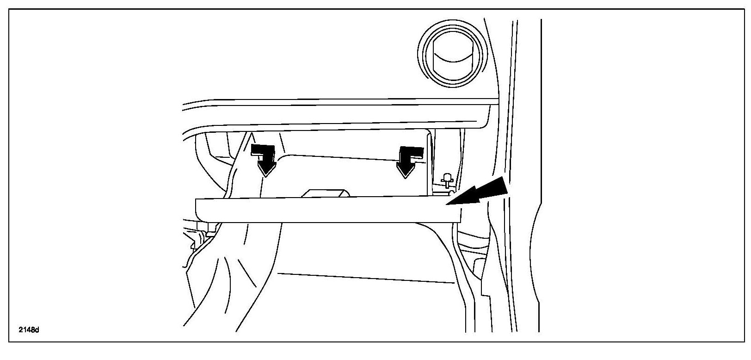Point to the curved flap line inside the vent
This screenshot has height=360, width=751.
pos(451,58)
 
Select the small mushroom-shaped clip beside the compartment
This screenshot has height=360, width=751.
pos(447,179)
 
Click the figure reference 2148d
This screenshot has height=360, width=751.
pos(29,330)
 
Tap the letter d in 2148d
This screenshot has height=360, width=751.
pos(38,330)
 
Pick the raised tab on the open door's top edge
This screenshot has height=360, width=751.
pos(325,193)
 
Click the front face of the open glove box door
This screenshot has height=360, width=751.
pos(324,211)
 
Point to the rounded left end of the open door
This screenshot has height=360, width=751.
pos(199,211)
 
